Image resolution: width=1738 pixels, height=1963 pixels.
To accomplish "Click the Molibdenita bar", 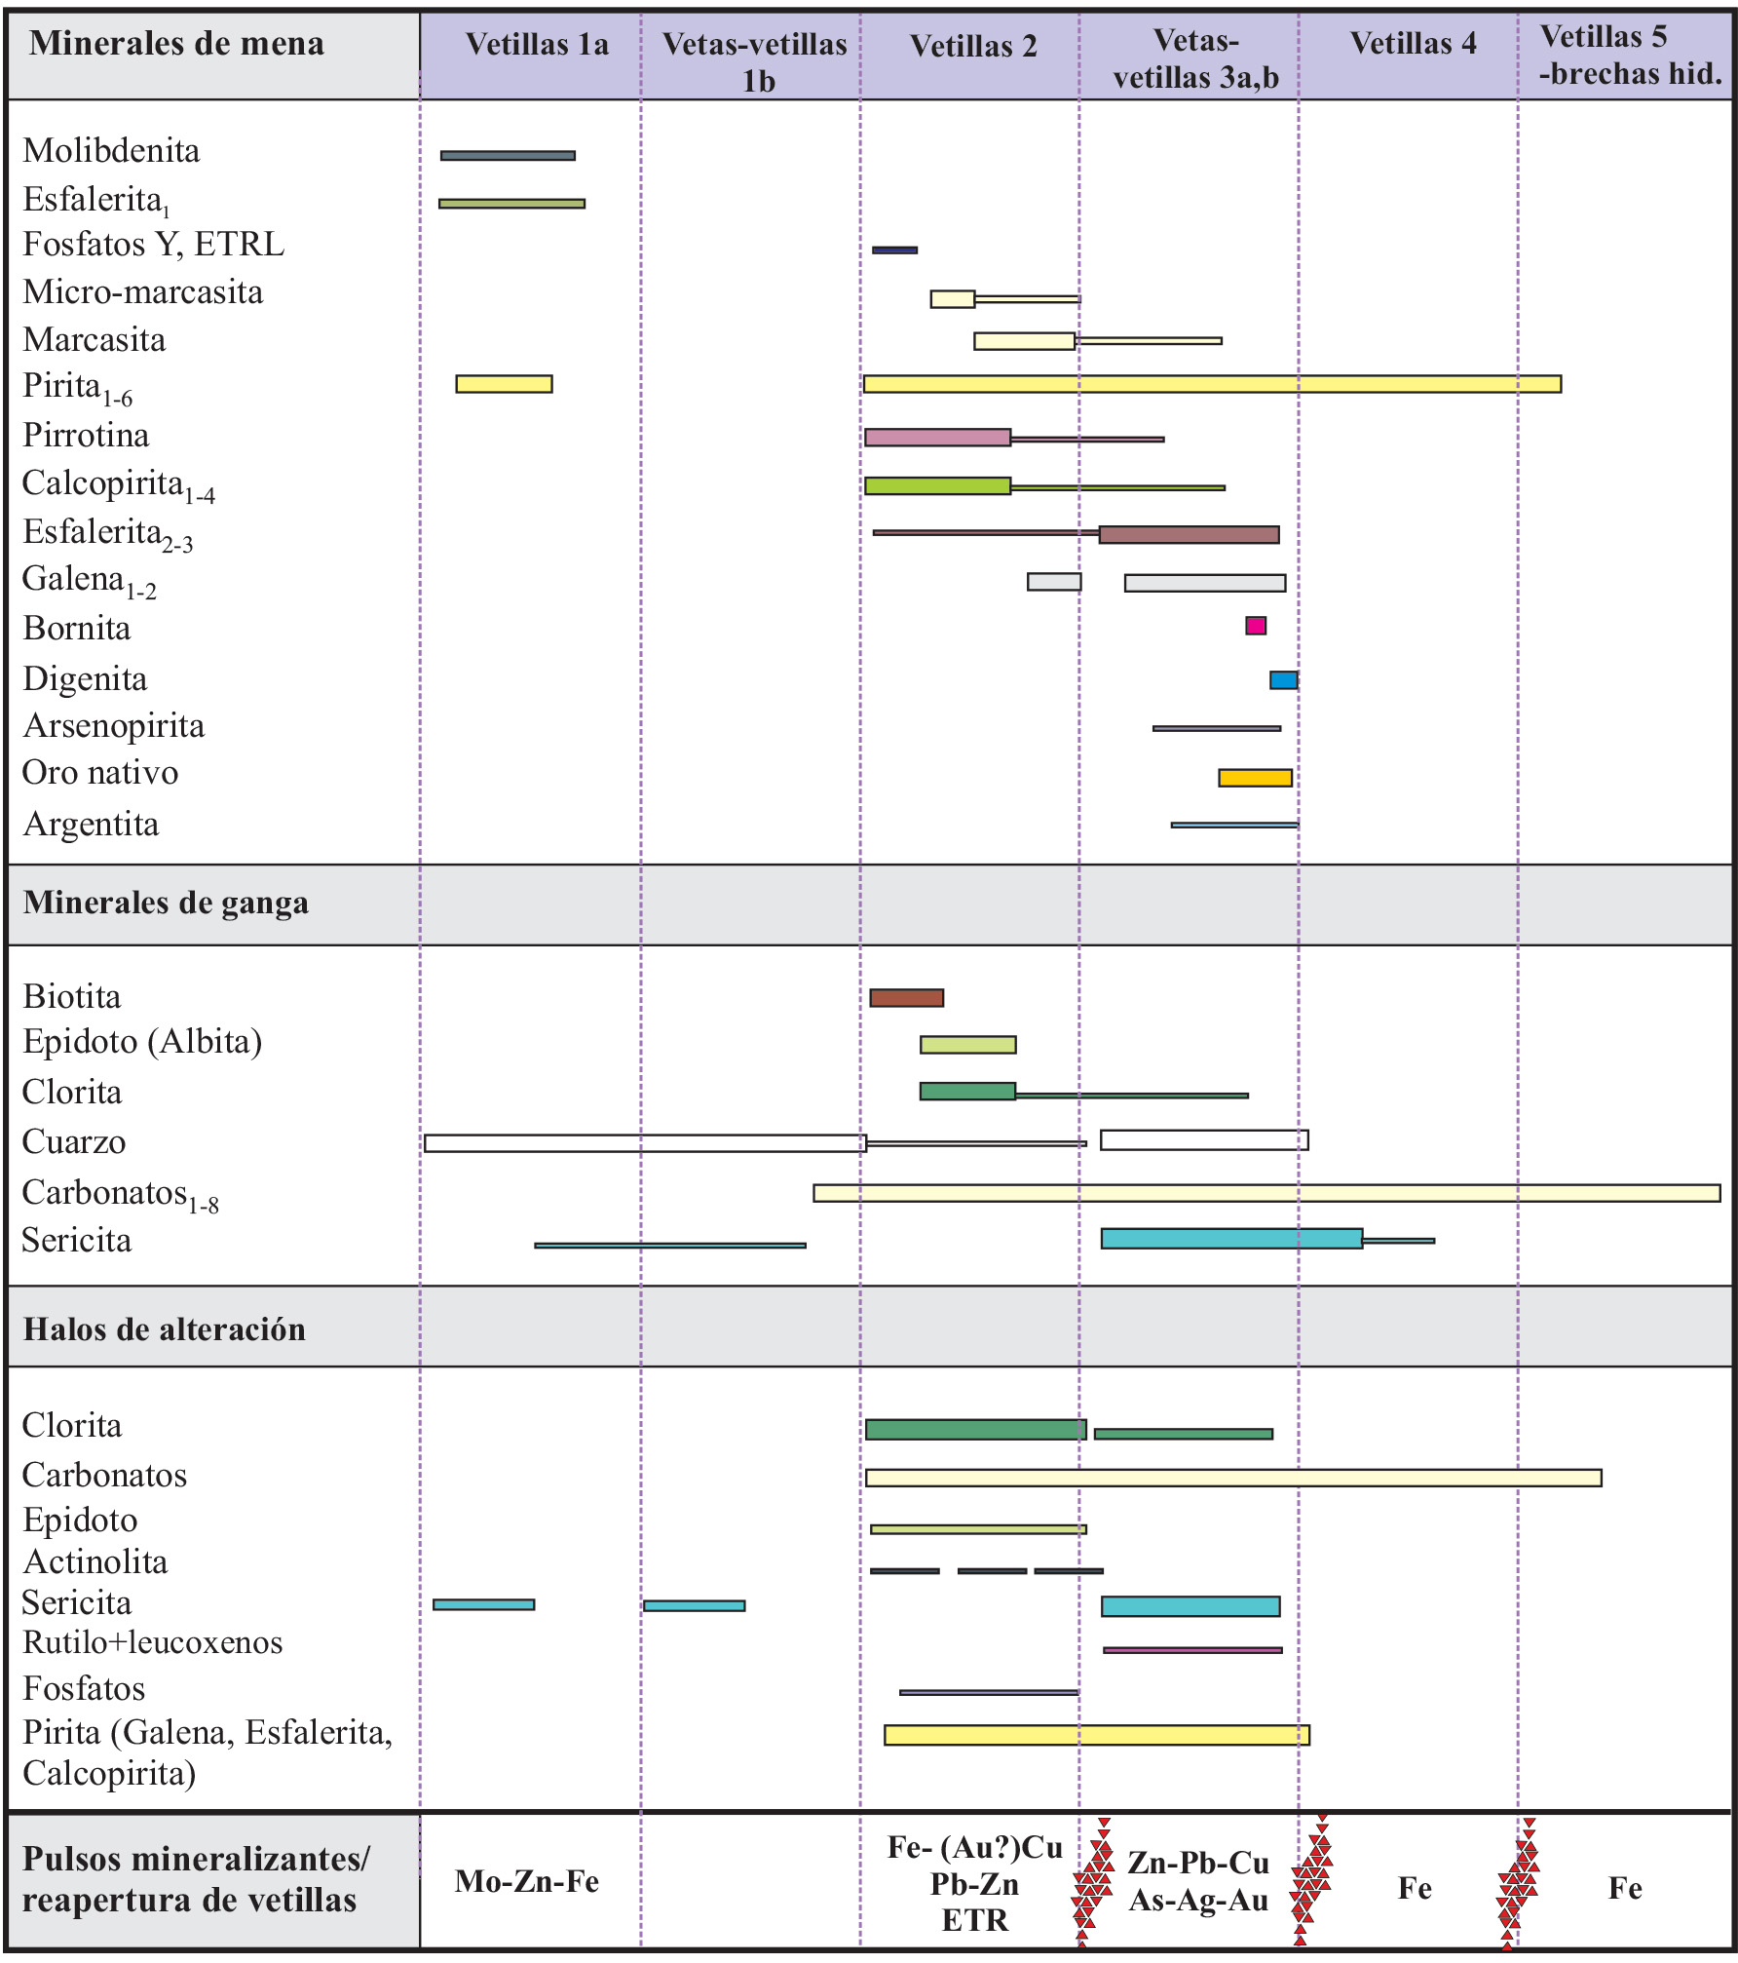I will (508, 156).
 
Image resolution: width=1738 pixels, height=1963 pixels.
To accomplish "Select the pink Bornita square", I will (1256, 626).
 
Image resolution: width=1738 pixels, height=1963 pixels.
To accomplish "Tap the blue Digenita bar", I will (1283, 680).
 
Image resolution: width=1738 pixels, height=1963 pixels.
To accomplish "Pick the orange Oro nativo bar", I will (1255, 778).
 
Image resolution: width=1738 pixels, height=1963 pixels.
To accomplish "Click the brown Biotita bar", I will (906, 998).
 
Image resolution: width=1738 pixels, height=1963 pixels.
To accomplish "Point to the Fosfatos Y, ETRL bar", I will (894, 250).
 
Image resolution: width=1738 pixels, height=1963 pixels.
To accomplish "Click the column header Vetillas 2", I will (972, 47).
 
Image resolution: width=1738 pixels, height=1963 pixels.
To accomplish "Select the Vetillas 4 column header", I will (1413, 44).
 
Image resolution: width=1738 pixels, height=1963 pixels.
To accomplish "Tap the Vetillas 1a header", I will (537, 45).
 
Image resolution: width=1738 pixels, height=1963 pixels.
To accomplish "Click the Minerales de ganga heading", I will (166, 904).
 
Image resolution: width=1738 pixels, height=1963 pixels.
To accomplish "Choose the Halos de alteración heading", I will (164, 1330).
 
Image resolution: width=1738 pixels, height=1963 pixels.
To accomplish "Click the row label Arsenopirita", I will (114, 726).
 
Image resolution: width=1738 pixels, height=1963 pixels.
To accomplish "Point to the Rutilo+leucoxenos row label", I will (153, 1642).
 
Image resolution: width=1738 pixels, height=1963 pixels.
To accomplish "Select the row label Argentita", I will (91, 825).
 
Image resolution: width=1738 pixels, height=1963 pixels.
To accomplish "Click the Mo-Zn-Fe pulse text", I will (526, 1882).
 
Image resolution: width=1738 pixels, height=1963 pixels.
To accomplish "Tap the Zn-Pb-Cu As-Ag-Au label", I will (1198, 1881).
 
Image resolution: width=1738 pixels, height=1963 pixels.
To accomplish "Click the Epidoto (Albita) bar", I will (967, 1045).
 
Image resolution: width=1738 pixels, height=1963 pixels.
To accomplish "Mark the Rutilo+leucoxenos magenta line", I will (1192, 1650).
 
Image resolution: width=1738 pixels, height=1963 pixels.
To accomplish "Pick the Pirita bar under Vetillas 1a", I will (504, 384).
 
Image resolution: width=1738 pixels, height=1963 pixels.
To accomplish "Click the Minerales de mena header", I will (176, 45).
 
